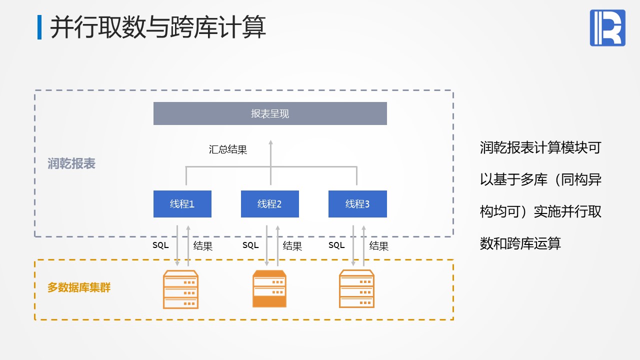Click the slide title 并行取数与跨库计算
coord(158,27)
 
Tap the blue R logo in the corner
coord(607,28)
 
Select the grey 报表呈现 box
coord(270,113)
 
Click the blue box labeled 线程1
coord(182,204)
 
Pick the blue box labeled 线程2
coord(270,204)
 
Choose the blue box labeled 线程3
coord(357,204)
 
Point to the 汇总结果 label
coord(228,149)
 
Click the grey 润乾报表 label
coord(71,163)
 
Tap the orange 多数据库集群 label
coord(79,288)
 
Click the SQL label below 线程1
coord(160,245)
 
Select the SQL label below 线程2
coord(250,245)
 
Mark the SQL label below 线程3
coord(336,245)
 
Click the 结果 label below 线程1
coord(203,246)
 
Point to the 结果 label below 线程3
coord(379,246)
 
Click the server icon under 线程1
coord(181,289)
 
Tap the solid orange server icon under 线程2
coord(269,289)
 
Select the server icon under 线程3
coord(356,289)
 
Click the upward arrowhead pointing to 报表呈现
coord(271,143)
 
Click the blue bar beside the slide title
coord(39,27)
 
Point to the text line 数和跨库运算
coord(520,243)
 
